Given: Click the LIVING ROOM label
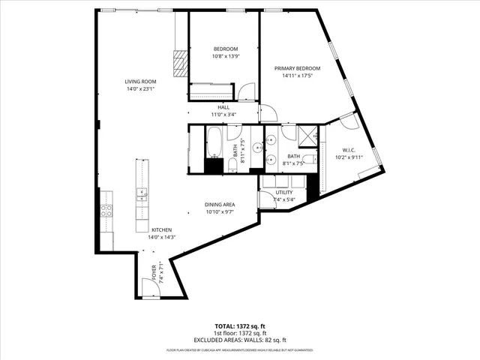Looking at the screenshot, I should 140,82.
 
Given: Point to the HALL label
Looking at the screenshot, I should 223,107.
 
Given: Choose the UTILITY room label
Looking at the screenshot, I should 285,193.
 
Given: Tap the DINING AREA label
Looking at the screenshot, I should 220,205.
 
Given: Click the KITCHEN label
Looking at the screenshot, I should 163,229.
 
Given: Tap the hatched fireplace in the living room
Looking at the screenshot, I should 178,65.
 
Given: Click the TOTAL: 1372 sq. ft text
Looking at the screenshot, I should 239,326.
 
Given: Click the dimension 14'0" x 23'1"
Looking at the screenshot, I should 140,89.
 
